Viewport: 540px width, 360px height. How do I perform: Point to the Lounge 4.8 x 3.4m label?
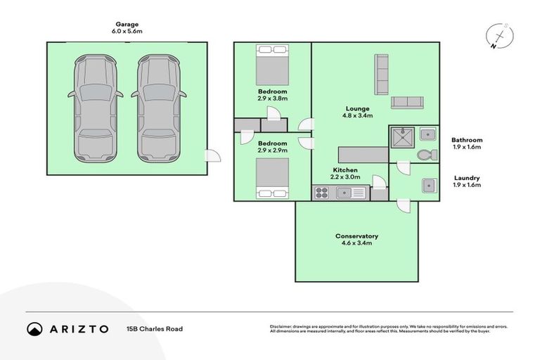tap(358, 112)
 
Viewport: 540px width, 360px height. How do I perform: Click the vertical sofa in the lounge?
tap(382, 74)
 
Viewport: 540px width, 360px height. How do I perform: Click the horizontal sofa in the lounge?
tap(406, 102)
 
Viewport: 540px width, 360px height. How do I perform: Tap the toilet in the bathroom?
tap(425, 154)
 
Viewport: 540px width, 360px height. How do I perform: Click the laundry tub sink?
tap(427, 185)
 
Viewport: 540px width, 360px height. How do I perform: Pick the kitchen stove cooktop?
tap(322, 193)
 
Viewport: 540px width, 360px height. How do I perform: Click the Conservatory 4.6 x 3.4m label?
tap(357, 239)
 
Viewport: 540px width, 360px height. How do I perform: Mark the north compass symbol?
tap(499, 36)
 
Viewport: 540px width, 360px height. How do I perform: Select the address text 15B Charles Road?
tap(154, 328)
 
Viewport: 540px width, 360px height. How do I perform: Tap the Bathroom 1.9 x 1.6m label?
tap(467, 143)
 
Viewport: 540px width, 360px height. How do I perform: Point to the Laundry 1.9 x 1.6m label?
tap(467, 182)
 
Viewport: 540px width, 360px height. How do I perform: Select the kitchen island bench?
tap(363, 155)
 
